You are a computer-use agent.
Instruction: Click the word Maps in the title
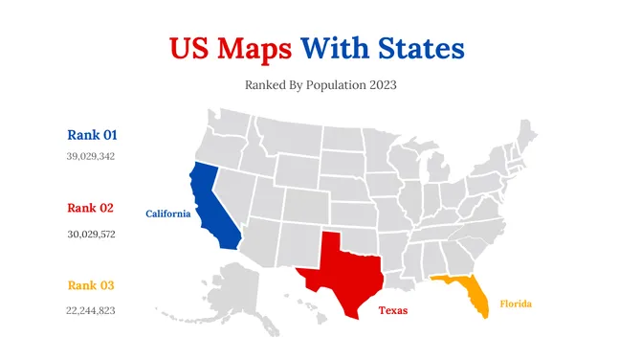click(255, 48)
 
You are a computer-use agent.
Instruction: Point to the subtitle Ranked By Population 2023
click(320, 85)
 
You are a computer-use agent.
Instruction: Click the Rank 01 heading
click(92, 135)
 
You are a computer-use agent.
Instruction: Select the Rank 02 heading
click(92, 208)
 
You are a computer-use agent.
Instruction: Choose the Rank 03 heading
click(92, 285)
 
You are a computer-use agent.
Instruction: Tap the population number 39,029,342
click(91, 156)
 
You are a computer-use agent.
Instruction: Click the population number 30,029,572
click(91, 234)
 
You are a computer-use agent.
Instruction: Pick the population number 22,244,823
click(91, 310)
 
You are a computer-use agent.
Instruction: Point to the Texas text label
click(393, 310)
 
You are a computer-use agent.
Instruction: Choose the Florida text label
click(515, 304)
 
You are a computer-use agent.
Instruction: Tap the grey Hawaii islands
click(306, 304)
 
